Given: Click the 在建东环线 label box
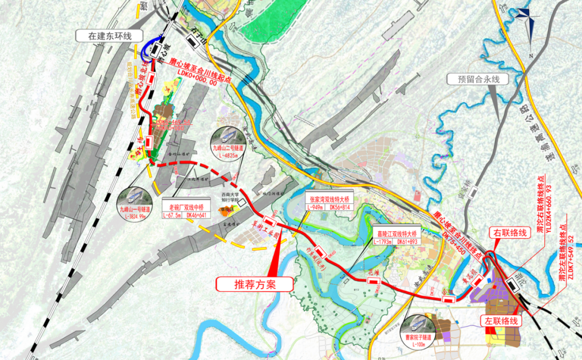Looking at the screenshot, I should click(110, 36).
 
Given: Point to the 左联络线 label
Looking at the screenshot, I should click(501, 320).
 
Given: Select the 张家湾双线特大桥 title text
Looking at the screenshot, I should click(328, 199).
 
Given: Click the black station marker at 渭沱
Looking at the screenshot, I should click(514, 286).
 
